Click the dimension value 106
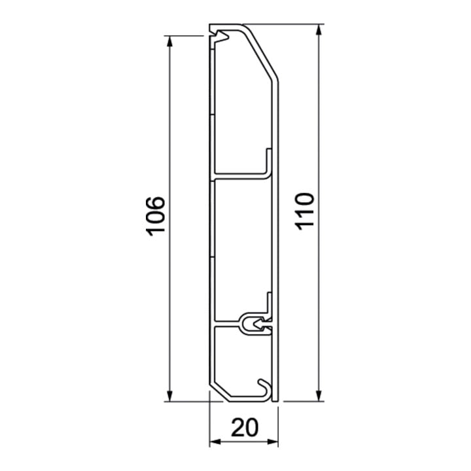[155, 216]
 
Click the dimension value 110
[305, 211]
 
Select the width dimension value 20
[245, 427]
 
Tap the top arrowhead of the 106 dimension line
[169, 42]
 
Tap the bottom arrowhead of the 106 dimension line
[169, 395]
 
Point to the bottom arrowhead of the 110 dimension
[320, 395]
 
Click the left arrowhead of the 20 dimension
[215, 442]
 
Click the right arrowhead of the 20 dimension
[272, 442]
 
